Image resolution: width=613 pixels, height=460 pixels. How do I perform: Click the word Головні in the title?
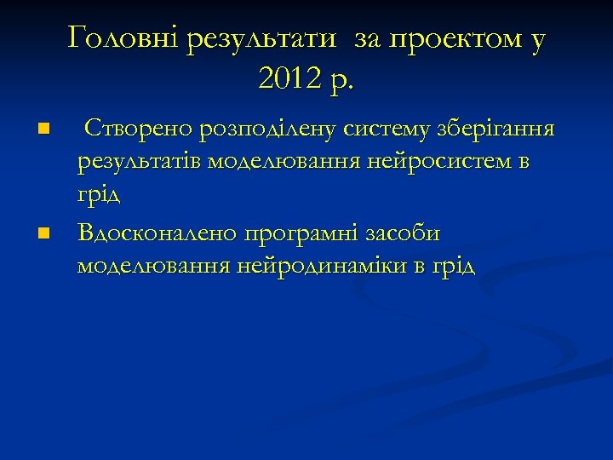pos(123,38)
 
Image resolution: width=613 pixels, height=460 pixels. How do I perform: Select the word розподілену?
pos(267,131)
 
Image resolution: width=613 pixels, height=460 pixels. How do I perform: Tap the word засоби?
pos(409,232)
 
